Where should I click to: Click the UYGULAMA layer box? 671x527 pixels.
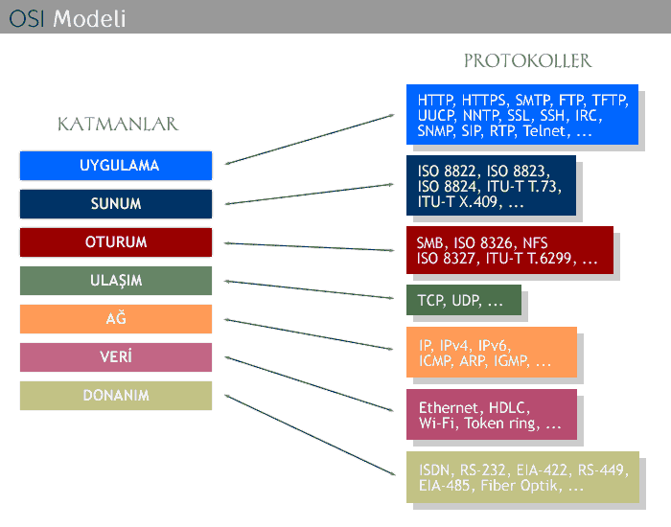coord(116,166)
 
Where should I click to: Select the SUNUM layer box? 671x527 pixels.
coord(116,203)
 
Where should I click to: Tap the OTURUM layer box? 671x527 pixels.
coord(116,242)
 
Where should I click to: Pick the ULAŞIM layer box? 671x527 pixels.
coord(116,281)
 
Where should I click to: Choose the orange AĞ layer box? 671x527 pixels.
coord(116,319)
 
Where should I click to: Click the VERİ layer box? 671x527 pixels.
coord(116,357)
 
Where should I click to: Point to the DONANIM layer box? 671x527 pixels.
coord(116,396)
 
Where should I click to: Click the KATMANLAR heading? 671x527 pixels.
coord(118,124)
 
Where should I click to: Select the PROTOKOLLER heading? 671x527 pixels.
coord(527,60)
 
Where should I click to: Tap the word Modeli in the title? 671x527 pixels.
coord(89,19)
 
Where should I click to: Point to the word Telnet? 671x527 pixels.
coord(546,131)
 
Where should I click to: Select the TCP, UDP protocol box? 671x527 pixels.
coord(464,300)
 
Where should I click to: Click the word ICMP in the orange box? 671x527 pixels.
coord(436,361)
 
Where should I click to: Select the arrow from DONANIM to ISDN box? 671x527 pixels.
coord(310,435)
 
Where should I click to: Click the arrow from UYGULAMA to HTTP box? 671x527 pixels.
coord(310,139)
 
